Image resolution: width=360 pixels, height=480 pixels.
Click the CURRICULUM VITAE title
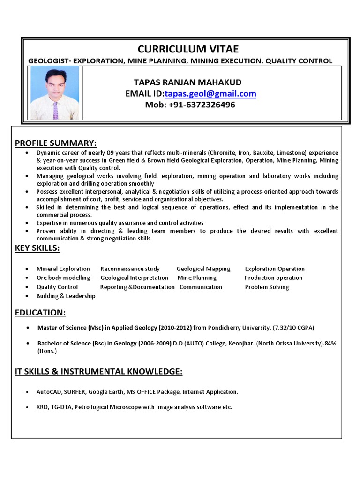188,49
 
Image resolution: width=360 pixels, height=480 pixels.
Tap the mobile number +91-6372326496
190,105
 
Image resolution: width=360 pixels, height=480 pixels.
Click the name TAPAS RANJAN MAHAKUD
187,82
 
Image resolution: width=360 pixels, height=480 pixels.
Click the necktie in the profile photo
56,110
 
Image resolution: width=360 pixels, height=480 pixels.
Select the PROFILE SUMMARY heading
56,143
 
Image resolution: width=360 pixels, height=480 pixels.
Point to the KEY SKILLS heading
37,248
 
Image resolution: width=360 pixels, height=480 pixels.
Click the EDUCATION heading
40,312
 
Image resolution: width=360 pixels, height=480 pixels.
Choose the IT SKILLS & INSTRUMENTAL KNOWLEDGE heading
98,372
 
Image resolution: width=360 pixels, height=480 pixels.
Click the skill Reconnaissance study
130,269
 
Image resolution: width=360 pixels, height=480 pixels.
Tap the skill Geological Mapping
203,269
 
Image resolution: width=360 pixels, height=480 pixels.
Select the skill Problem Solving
267,287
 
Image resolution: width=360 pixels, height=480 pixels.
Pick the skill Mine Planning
197,278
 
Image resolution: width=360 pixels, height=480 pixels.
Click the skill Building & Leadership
66,296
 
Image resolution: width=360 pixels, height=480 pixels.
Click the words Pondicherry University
240,327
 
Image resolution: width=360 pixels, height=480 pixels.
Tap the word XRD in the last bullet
42,407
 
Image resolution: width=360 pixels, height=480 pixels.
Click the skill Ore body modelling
63,278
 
